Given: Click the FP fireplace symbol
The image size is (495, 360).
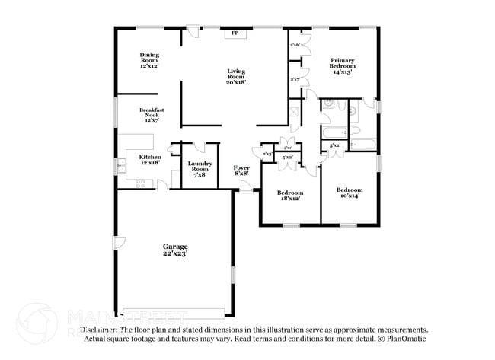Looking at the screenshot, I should pos(235,34).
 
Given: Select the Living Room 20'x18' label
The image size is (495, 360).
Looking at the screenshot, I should pos(236,76).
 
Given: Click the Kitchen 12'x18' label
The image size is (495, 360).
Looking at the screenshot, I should pos(149,158).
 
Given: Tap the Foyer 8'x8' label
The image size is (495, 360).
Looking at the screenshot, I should pos(241,170).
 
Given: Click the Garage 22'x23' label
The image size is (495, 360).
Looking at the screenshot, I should pos(175,250).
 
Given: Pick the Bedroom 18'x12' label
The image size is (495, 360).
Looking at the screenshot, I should pos(290,195).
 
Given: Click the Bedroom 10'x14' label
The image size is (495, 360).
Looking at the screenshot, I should pos(349,192).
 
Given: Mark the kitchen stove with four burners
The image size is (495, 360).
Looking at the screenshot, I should pos(140,183).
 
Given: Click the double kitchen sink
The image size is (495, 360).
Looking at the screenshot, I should pos(121,165).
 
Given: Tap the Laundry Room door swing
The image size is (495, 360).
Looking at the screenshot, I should pos(200,148).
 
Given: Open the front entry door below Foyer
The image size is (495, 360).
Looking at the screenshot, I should pos(244,186).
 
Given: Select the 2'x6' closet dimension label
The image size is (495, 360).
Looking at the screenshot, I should pos(294,45).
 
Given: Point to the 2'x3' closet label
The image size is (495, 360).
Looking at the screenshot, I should pos(267,155).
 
